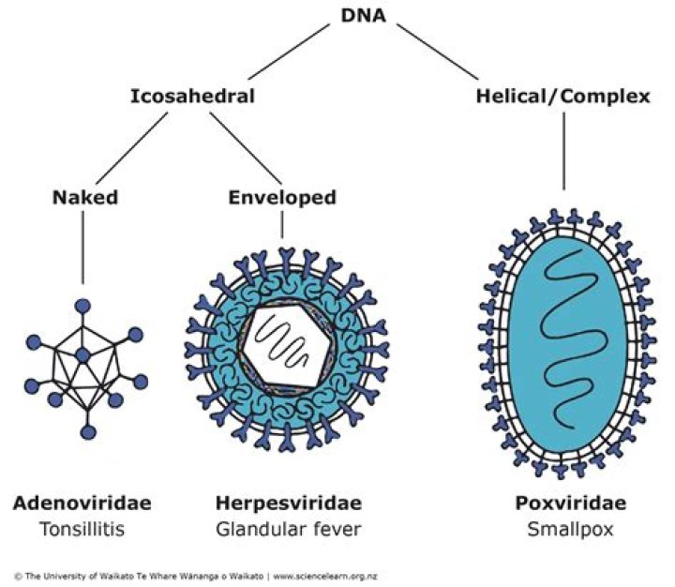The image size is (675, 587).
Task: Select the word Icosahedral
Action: click(x=192, y=96)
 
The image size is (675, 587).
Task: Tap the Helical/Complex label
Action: click(x=562, y=96)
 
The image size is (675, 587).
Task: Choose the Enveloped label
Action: click(x=282, y=199)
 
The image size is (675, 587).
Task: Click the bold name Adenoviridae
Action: click(x=82, y=504)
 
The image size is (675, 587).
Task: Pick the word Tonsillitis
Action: click(x=82, y=529)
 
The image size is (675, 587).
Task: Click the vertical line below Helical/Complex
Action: click(x=562, y=150)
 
